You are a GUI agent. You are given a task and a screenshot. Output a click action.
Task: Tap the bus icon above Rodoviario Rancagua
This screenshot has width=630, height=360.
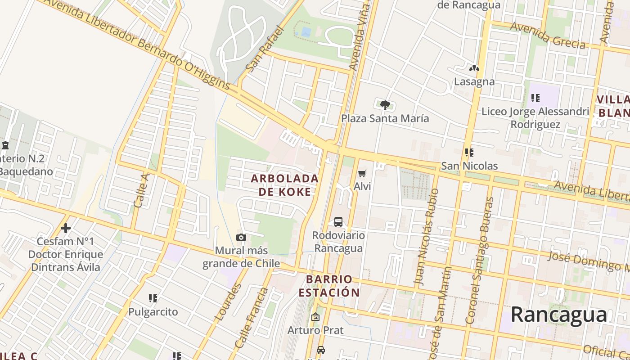[x=338, y=221]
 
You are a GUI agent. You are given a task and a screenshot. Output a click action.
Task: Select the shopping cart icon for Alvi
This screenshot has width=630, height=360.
[x=362, y=173]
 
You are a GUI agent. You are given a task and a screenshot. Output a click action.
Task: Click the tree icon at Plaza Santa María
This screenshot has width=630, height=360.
[x=385, y=105]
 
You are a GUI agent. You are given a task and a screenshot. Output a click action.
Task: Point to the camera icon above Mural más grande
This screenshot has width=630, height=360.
[x=241, y=237]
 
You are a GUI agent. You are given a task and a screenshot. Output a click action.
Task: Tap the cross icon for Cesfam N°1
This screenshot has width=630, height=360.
[x=66, y=228]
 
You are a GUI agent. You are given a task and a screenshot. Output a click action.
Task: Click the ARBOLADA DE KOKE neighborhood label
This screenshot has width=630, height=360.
[x=284, y=185]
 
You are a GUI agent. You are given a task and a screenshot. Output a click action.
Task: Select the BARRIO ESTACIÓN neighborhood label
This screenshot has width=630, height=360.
[x=329, y=286]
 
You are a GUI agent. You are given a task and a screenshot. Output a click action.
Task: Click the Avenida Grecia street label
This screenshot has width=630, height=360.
[x=547, y=35]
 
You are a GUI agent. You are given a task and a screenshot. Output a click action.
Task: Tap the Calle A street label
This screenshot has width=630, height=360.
[x=141, y=190]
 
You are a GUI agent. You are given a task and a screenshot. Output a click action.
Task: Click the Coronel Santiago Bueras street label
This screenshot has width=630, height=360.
[x=480, y=260]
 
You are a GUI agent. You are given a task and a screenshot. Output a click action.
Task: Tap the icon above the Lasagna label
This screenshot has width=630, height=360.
[x=474, y=69]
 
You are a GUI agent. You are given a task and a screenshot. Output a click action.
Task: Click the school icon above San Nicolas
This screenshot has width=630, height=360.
[x=469, y=153]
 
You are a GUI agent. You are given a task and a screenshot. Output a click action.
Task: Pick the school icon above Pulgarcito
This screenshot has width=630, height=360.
[x=153, y=298]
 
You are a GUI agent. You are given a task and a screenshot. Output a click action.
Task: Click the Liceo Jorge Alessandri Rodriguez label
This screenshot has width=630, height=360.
[x=535, y=117]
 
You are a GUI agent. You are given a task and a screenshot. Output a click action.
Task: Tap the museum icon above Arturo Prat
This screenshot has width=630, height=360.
[x=315, y=317]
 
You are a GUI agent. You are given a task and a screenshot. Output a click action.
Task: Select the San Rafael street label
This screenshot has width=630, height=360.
[x=265, y=49]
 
